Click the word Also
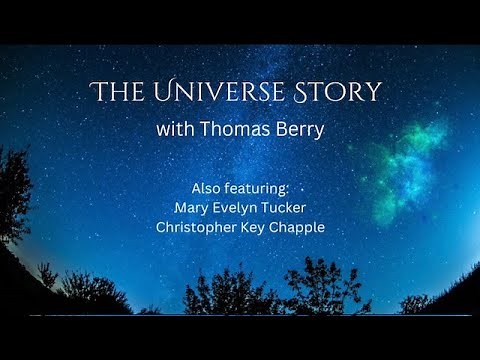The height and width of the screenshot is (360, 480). click(206, 188)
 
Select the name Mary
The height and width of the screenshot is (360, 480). click(191, 207)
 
